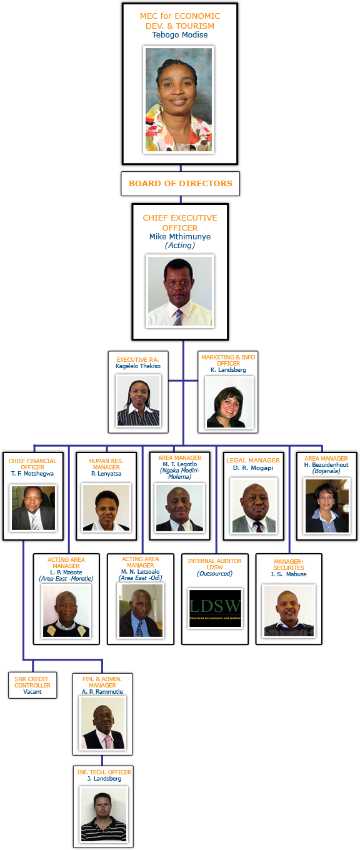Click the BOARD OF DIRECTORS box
[x=180, y=184]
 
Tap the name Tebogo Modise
[x=180, y=35]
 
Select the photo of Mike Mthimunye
[x=180, y=291]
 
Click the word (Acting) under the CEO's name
[x=180, y=246]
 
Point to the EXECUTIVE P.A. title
[x=137, y=360]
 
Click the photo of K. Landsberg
[x=228, y=402]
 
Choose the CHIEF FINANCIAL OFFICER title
[x=32, y=464]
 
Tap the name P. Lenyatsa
[x=106, y=474]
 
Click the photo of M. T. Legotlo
[x=180, y=507]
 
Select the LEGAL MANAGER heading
[x=253, y=460]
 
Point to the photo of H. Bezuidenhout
[x=327, y=506]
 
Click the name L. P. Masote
[x=66, y=572]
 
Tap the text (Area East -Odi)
[x=141, y=578]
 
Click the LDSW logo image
[x=215, y=608]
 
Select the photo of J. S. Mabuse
[x=289, y=611]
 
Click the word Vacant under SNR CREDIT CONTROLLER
[x=32, y=692]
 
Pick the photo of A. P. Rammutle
[x=102, y=723]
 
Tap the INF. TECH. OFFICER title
[x=104, y=772]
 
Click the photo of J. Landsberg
[x=104, y=814]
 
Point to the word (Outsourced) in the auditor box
[x=215, y=573]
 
